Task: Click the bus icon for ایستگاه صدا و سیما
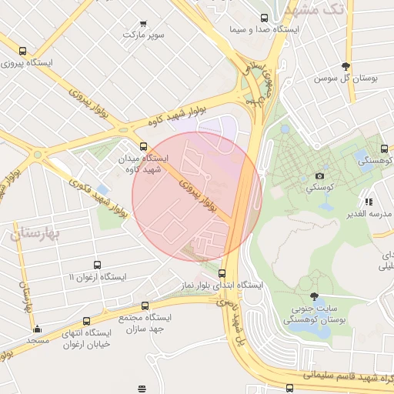(264, 18)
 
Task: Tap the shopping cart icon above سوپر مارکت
(143, 22)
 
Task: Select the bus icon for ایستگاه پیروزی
(22, 52)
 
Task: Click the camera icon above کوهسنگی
(320, 175)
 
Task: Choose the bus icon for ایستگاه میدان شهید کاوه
(142, 145)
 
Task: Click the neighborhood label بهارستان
(36, 232)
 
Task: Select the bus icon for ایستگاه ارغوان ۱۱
(97, 265)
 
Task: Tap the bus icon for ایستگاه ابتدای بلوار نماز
(222, 272)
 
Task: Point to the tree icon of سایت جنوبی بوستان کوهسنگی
(313, 296)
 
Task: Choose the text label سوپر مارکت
(143, 35)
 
